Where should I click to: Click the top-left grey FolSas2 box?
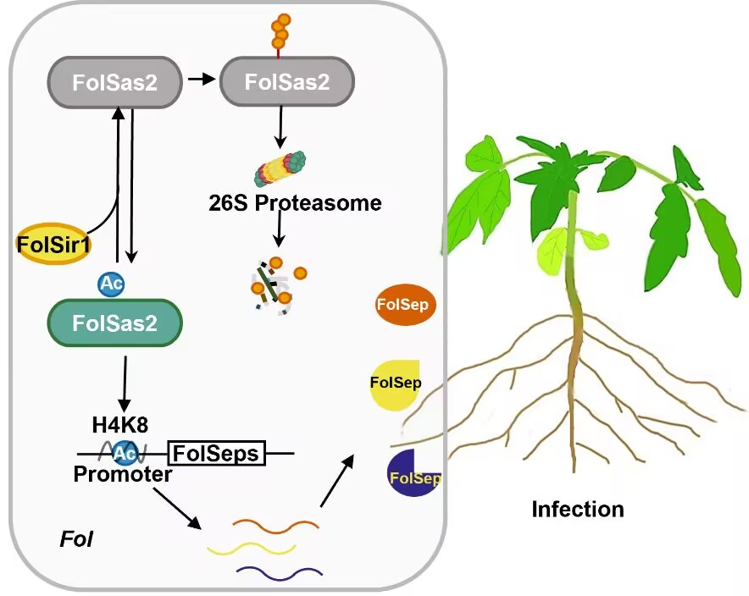116,82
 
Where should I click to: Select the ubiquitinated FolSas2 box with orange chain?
286,82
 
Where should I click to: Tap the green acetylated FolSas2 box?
115,323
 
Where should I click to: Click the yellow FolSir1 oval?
55,245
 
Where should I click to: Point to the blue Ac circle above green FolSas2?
112,284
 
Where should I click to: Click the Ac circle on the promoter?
125,452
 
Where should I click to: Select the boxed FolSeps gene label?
217,454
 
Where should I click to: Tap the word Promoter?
123,474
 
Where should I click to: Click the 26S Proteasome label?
294,203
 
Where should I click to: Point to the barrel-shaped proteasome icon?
280,167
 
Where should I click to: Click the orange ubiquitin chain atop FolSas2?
280,30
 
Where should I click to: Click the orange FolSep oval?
405,305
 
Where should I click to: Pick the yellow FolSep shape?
395,384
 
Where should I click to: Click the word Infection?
577,510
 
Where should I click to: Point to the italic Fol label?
75,539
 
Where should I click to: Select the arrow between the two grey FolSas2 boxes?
201,80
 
